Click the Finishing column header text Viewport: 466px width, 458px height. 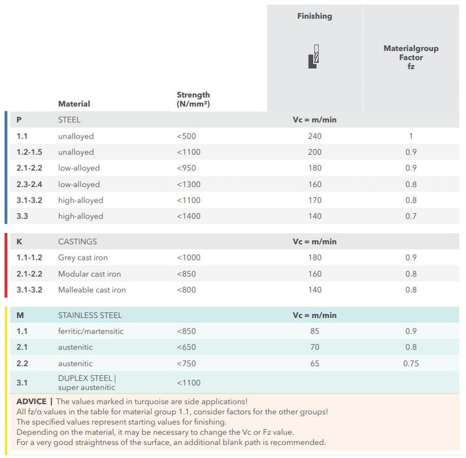pos(314,16)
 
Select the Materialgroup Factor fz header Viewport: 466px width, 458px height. pos(410,58)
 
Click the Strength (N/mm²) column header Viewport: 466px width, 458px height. pos(193,99)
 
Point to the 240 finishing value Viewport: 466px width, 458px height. pos(314,136)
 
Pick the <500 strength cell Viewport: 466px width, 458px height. pos(186,136)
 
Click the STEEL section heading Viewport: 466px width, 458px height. pos(69,120)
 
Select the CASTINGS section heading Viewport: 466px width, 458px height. pos(77,241)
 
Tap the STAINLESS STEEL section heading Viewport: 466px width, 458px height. pos(90,315)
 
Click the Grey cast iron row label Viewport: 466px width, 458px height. pos(85,258)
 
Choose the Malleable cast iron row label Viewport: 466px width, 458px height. pos(92,290)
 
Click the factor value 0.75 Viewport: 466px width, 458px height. pos(410,363)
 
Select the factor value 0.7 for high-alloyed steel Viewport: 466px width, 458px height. pos(410,216)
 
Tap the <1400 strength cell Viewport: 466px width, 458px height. pos(188,216)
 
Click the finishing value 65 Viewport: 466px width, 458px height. pos(314,363)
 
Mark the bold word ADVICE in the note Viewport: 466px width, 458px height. pos(31,401)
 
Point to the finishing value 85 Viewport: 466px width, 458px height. pos(314,331)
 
